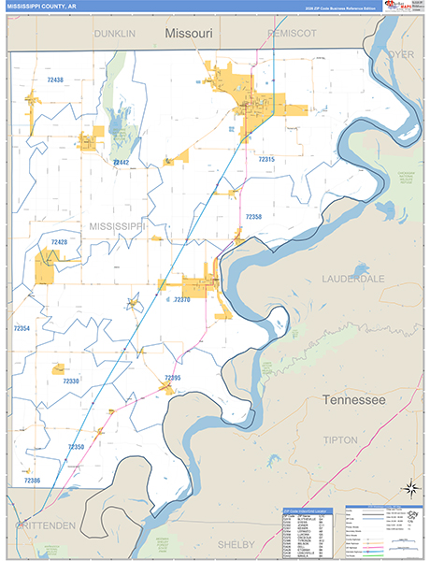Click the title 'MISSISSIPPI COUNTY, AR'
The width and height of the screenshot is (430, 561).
(x=47, y=7)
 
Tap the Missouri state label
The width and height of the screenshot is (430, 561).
(x=189, y=33)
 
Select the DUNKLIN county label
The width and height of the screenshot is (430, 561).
(x=114, y=33)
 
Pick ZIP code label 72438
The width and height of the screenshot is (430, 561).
(x=55, y=80)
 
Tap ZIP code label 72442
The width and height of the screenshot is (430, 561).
(x=121, y=163)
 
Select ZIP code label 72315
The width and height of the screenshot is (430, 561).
(x=266, y=160)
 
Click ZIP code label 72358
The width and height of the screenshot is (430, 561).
(x=253, y=216)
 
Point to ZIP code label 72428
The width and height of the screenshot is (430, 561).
(x=59, y=242)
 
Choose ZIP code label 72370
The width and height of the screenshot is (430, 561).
(x=181, y=300)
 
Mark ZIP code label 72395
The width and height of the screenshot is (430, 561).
(x=172, y=377)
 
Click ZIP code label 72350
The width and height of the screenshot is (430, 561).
(x=76, y=447)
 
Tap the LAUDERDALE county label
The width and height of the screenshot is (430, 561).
(x=353, y=279)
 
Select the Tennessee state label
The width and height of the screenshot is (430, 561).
(x=353, y=399)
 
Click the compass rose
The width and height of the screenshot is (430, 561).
(x=408, y=488)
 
